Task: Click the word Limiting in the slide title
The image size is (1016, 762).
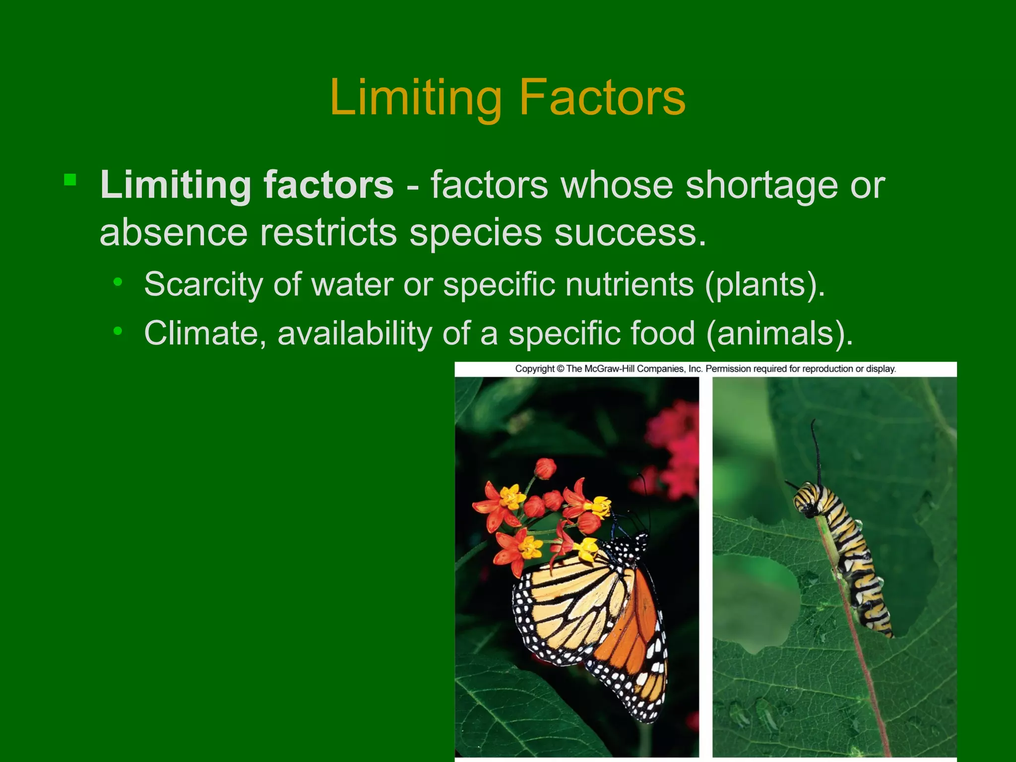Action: pos(416,98)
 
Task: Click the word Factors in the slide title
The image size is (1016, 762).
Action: pos(602,98)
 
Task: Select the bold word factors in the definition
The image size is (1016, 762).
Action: pos(328,185)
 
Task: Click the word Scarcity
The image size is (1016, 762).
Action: pos(203,284)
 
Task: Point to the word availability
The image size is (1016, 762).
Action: pos(355,333)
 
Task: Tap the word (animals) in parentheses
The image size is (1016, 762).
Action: pos(778,334)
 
